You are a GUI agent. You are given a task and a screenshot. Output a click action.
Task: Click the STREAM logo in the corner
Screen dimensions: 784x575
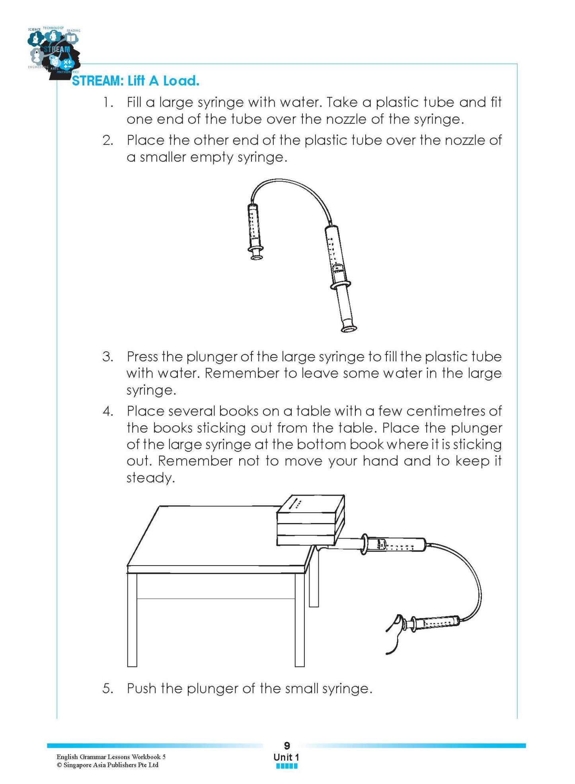(x=54, y=51)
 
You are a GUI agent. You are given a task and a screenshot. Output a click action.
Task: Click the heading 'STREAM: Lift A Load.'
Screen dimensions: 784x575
(x=135, y=81)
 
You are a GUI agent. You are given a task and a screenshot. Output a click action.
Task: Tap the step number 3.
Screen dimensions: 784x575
(x=107, y=356)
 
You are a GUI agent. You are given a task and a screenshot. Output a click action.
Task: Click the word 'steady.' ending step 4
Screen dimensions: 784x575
(x=151, y=478)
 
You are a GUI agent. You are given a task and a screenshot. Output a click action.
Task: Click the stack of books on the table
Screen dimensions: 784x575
(x=310, y=521)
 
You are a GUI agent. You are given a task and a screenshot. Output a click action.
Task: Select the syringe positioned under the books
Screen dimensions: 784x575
(x=394, y=545)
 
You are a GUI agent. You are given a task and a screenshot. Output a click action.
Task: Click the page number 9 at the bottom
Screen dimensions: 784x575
(x=287, y=746)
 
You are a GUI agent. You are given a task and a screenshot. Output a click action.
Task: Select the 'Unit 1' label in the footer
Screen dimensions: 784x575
(x=286, y=757)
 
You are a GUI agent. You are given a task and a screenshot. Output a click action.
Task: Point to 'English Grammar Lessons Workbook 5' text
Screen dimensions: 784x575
(x=111, y=757)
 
